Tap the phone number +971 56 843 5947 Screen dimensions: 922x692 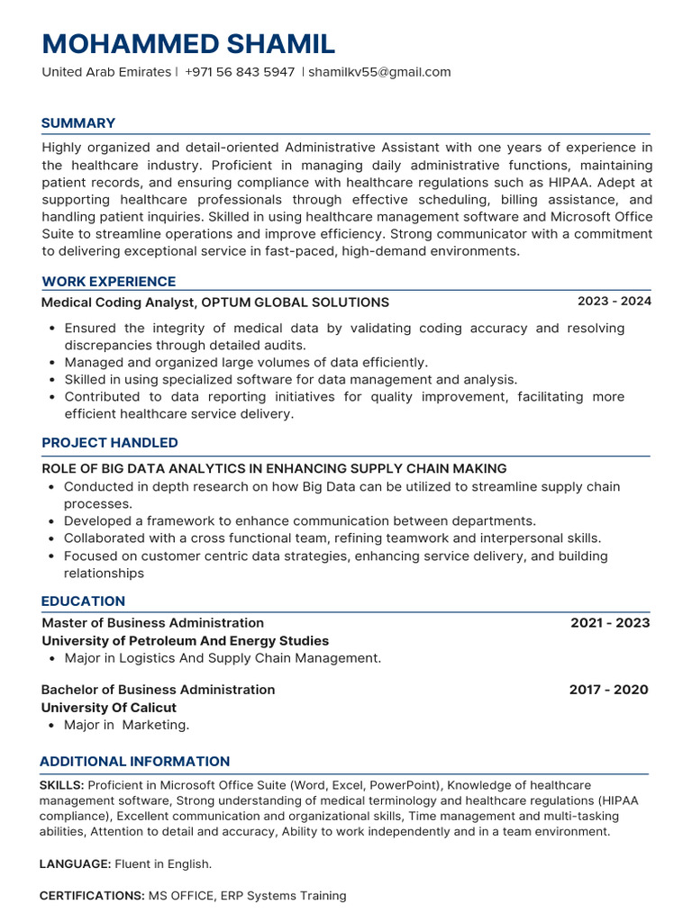coord(239,72)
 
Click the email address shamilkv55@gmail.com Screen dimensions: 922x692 coord(379,72)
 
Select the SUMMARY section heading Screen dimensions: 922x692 coord(78,123)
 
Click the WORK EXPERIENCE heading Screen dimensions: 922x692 coord(108,282)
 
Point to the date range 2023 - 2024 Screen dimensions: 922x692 coord(614,302)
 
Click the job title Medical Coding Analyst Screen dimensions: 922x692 coord(118,303)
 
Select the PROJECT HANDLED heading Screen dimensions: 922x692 coord(109,443)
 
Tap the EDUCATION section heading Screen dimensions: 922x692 coord(83,601)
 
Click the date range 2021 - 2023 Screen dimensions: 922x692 coord(610,623)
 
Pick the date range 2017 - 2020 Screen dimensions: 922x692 coord(608,690)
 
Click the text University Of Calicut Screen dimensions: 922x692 coord(109,708)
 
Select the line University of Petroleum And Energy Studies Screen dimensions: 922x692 coord(186,641)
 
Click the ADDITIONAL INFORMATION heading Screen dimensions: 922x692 coord(134,762)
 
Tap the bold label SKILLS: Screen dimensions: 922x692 coord(62,786)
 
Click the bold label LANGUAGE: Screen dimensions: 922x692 coord(75,864)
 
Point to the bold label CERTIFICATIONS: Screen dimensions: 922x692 coord(92,896)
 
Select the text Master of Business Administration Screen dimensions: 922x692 coord(153,623)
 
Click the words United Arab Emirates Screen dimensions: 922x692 coord(105,72)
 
